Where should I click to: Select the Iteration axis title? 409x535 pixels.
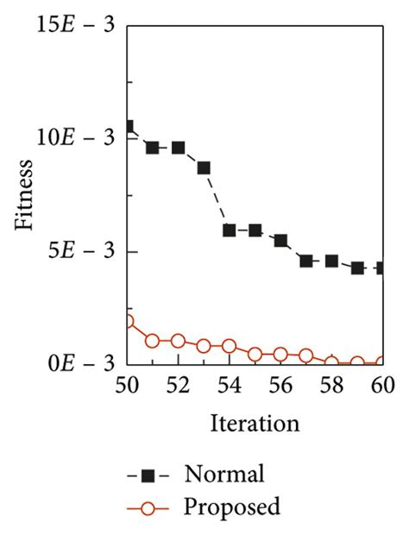point(255,425)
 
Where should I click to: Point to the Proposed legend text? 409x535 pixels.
point(231,507)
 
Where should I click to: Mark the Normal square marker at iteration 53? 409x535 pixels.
point(204,167)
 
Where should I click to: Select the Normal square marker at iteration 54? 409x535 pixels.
point(230,230)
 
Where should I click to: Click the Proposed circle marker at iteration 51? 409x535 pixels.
point(153,341)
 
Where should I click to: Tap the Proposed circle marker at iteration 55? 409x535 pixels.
point(255,354)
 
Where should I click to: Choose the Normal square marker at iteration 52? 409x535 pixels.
point(179,148)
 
